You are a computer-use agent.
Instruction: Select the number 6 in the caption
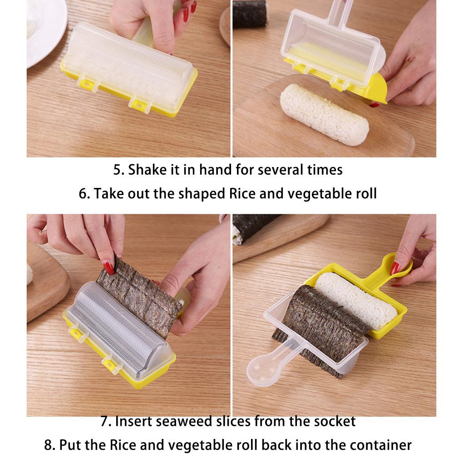click(83, 194)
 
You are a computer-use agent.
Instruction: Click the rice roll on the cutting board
click(324, 114)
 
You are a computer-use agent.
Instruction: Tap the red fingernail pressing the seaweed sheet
click(108, 267)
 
